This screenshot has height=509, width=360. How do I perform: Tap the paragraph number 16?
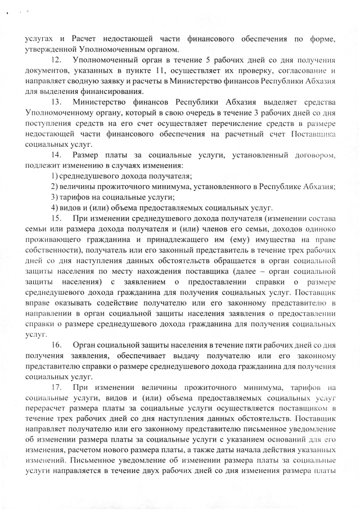56,343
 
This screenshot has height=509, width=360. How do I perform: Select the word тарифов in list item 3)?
75,196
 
